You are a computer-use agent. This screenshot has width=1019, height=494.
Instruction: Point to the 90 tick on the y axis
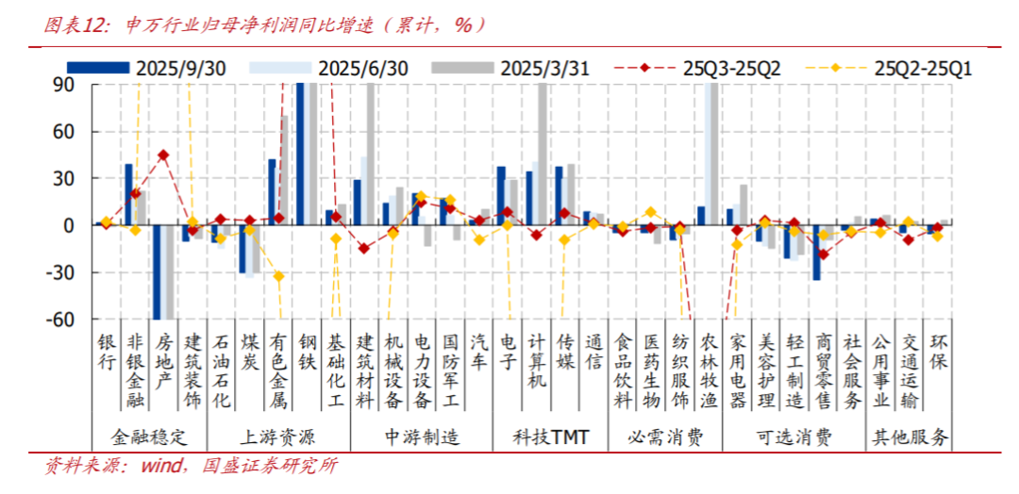[x=63, y=84]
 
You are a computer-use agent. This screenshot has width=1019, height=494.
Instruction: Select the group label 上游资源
[x=278, y=437]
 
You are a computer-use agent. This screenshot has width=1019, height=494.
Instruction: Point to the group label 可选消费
[x=794, y=437]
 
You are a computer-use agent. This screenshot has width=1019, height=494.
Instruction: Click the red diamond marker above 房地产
[x=163, y=156]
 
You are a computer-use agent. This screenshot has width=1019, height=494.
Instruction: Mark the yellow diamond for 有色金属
[x=279, y=276]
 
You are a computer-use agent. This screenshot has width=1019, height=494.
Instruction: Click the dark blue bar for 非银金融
[x=128, y=194]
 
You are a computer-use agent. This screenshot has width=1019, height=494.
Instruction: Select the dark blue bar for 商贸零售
[x=816, y=253]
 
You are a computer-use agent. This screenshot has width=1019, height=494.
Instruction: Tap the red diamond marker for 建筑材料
[x=363, y=249]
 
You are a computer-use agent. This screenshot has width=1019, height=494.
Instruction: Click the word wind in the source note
[x=162, y=466]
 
